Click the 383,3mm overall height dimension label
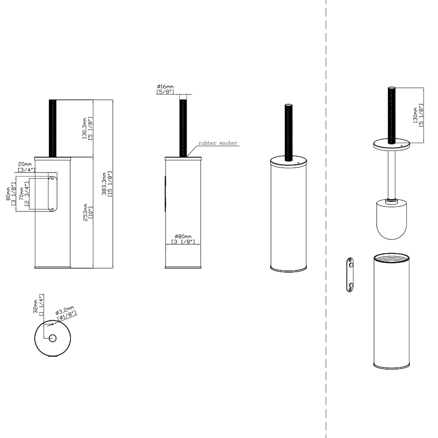pos(107,184)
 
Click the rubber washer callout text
pos(218,143)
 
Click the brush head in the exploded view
pos(391,219)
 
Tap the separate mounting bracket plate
pos(350,275)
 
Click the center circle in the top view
pos(53,338)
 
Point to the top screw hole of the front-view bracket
pos(53,178)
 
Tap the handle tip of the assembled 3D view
pos(288,105)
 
